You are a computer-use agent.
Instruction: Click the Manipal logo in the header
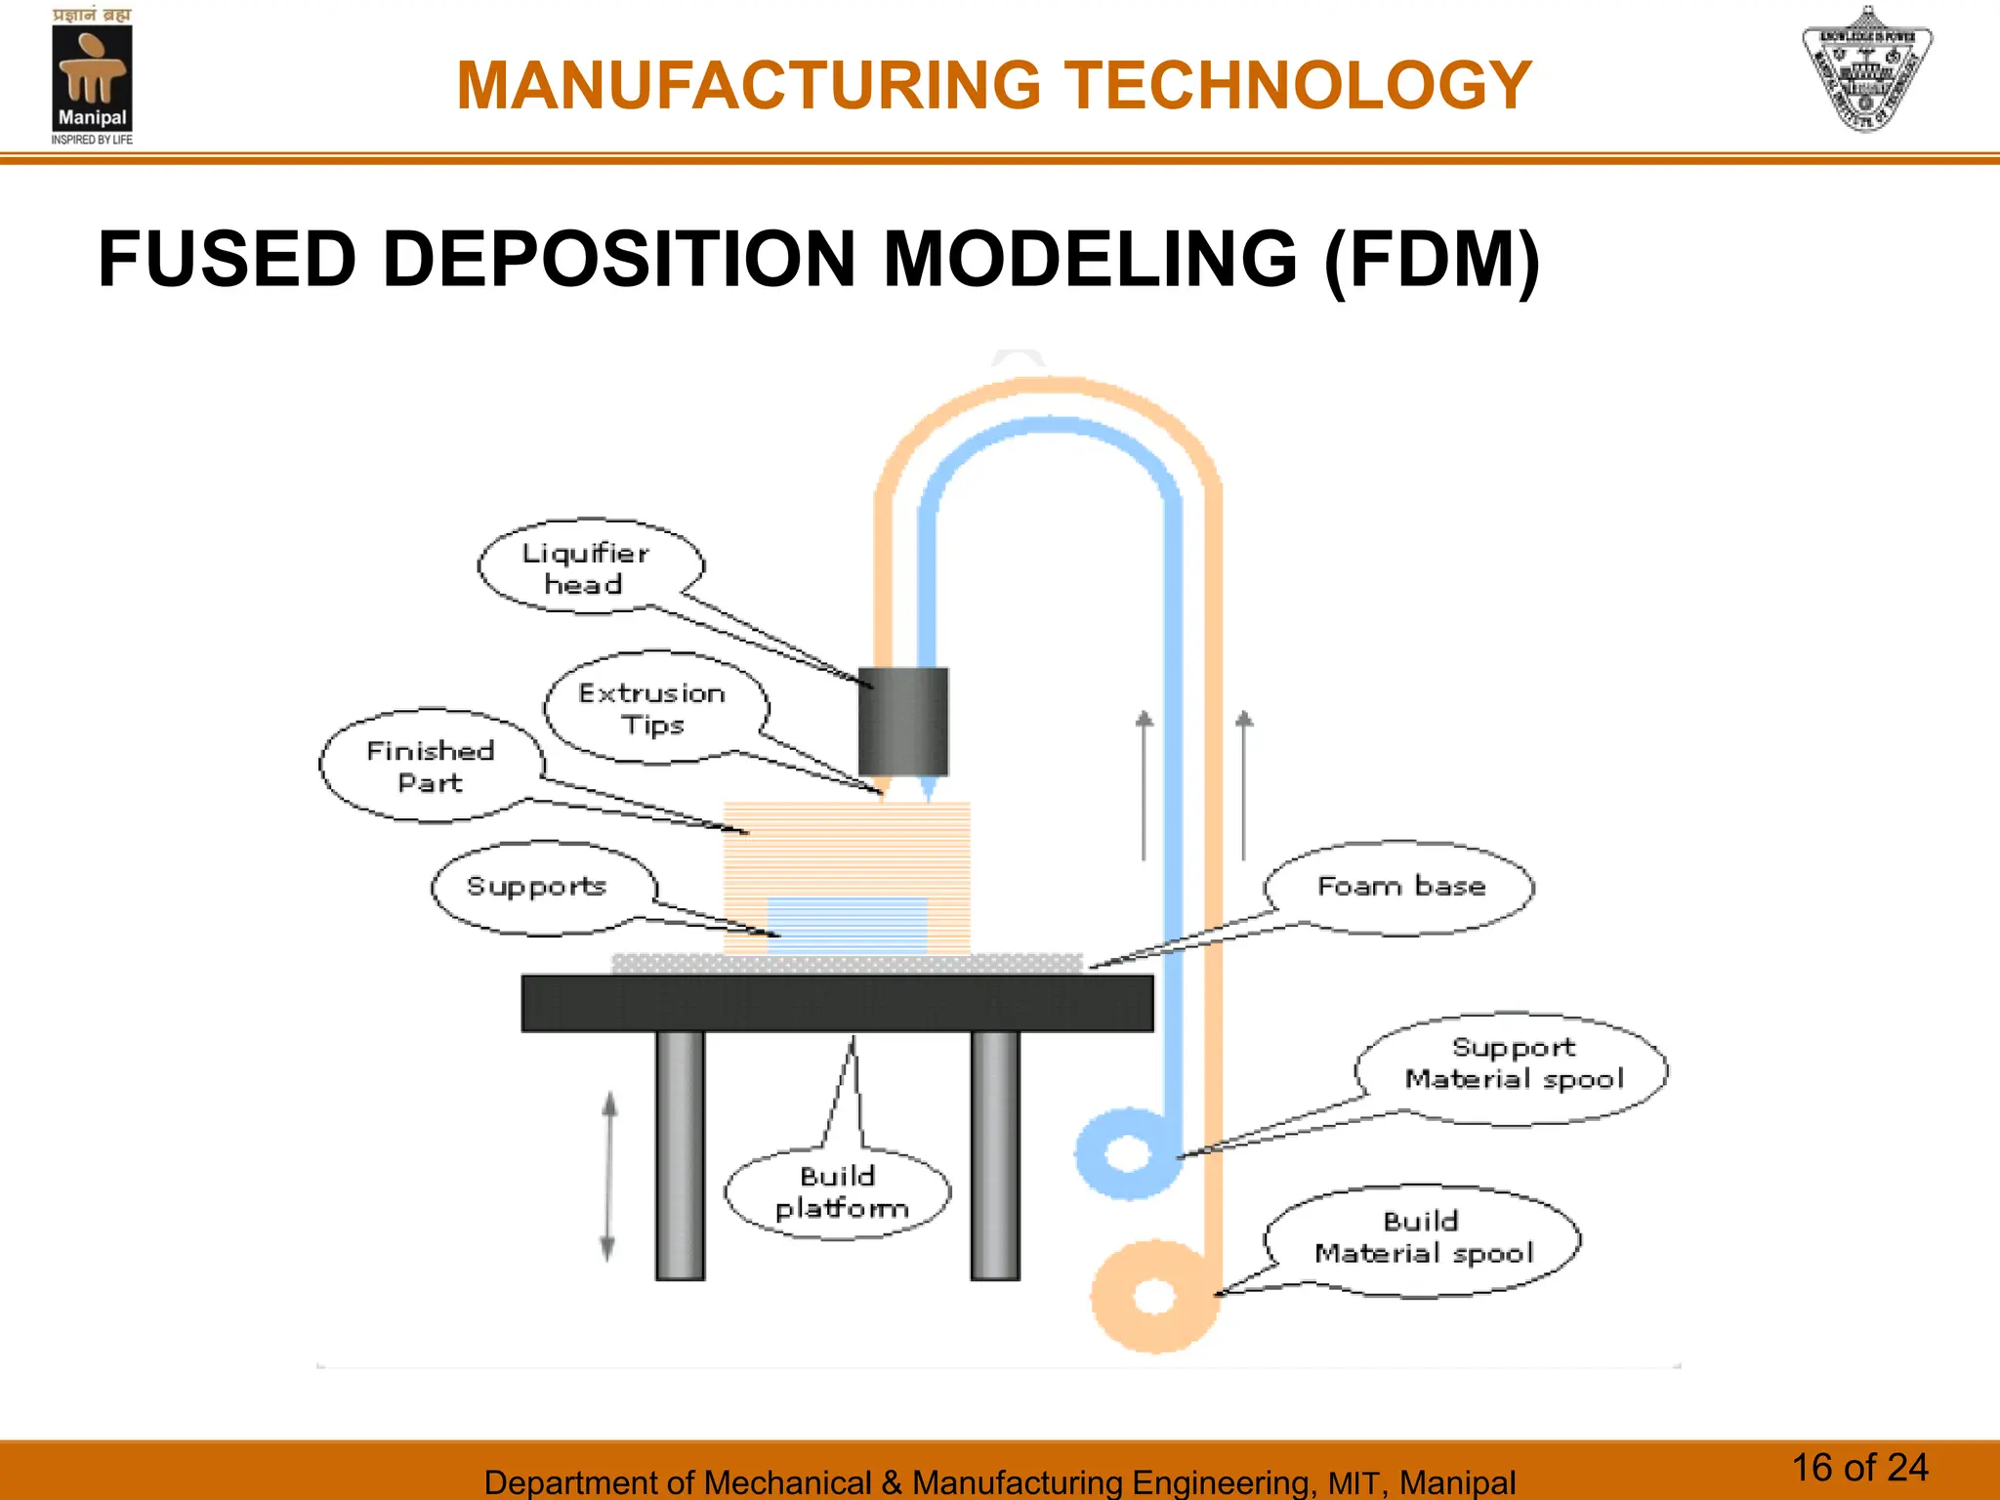[92, 78]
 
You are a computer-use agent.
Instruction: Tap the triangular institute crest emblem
[1866, 70]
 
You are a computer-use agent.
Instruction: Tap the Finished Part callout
[431, 767]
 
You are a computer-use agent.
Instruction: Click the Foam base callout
[1400, 887]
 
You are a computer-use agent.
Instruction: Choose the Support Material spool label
[1513, 1064]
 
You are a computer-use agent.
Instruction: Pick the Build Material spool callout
[1423, 1238]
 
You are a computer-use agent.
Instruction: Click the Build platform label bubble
[839, 1192]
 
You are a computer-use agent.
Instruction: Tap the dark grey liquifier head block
[903, 721]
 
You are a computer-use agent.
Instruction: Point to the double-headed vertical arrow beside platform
[609, 1176]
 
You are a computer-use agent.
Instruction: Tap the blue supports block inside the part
[847, 925]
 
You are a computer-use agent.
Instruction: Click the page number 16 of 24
[1859, 1468]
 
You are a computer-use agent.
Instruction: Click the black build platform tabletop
[837, 1003]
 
